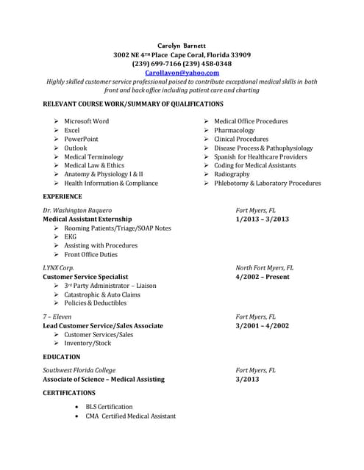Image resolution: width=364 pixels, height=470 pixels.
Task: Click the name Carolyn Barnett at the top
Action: coord(182,46)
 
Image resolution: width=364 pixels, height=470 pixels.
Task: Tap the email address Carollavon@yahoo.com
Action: coord(182,73)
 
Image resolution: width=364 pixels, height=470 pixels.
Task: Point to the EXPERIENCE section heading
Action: coord(63,197)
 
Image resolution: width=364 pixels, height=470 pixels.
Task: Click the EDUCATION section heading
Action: coord(62,357)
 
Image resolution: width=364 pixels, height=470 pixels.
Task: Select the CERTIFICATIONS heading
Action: coord(69,393)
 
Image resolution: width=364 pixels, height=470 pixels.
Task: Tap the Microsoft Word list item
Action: coord(86,121)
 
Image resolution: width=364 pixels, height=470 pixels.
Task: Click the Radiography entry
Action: coord(232,175)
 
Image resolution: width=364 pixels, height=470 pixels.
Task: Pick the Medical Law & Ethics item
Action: coord(94,166)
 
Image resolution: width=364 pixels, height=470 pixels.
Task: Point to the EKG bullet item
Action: coord(70,237)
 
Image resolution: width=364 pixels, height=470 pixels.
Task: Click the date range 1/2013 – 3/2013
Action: coord(263,220)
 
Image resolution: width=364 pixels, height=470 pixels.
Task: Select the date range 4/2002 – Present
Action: coord(263,277)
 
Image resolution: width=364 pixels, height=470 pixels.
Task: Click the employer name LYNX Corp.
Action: coord(58,268)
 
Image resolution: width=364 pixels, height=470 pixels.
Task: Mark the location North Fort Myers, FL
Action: coord(264,268)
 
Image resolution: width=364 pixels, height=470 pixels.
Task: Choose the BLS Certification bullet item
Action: coord(109,407)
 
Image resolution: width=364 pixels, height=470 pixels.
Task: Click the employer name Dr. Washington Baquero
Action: coord(78,210)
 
